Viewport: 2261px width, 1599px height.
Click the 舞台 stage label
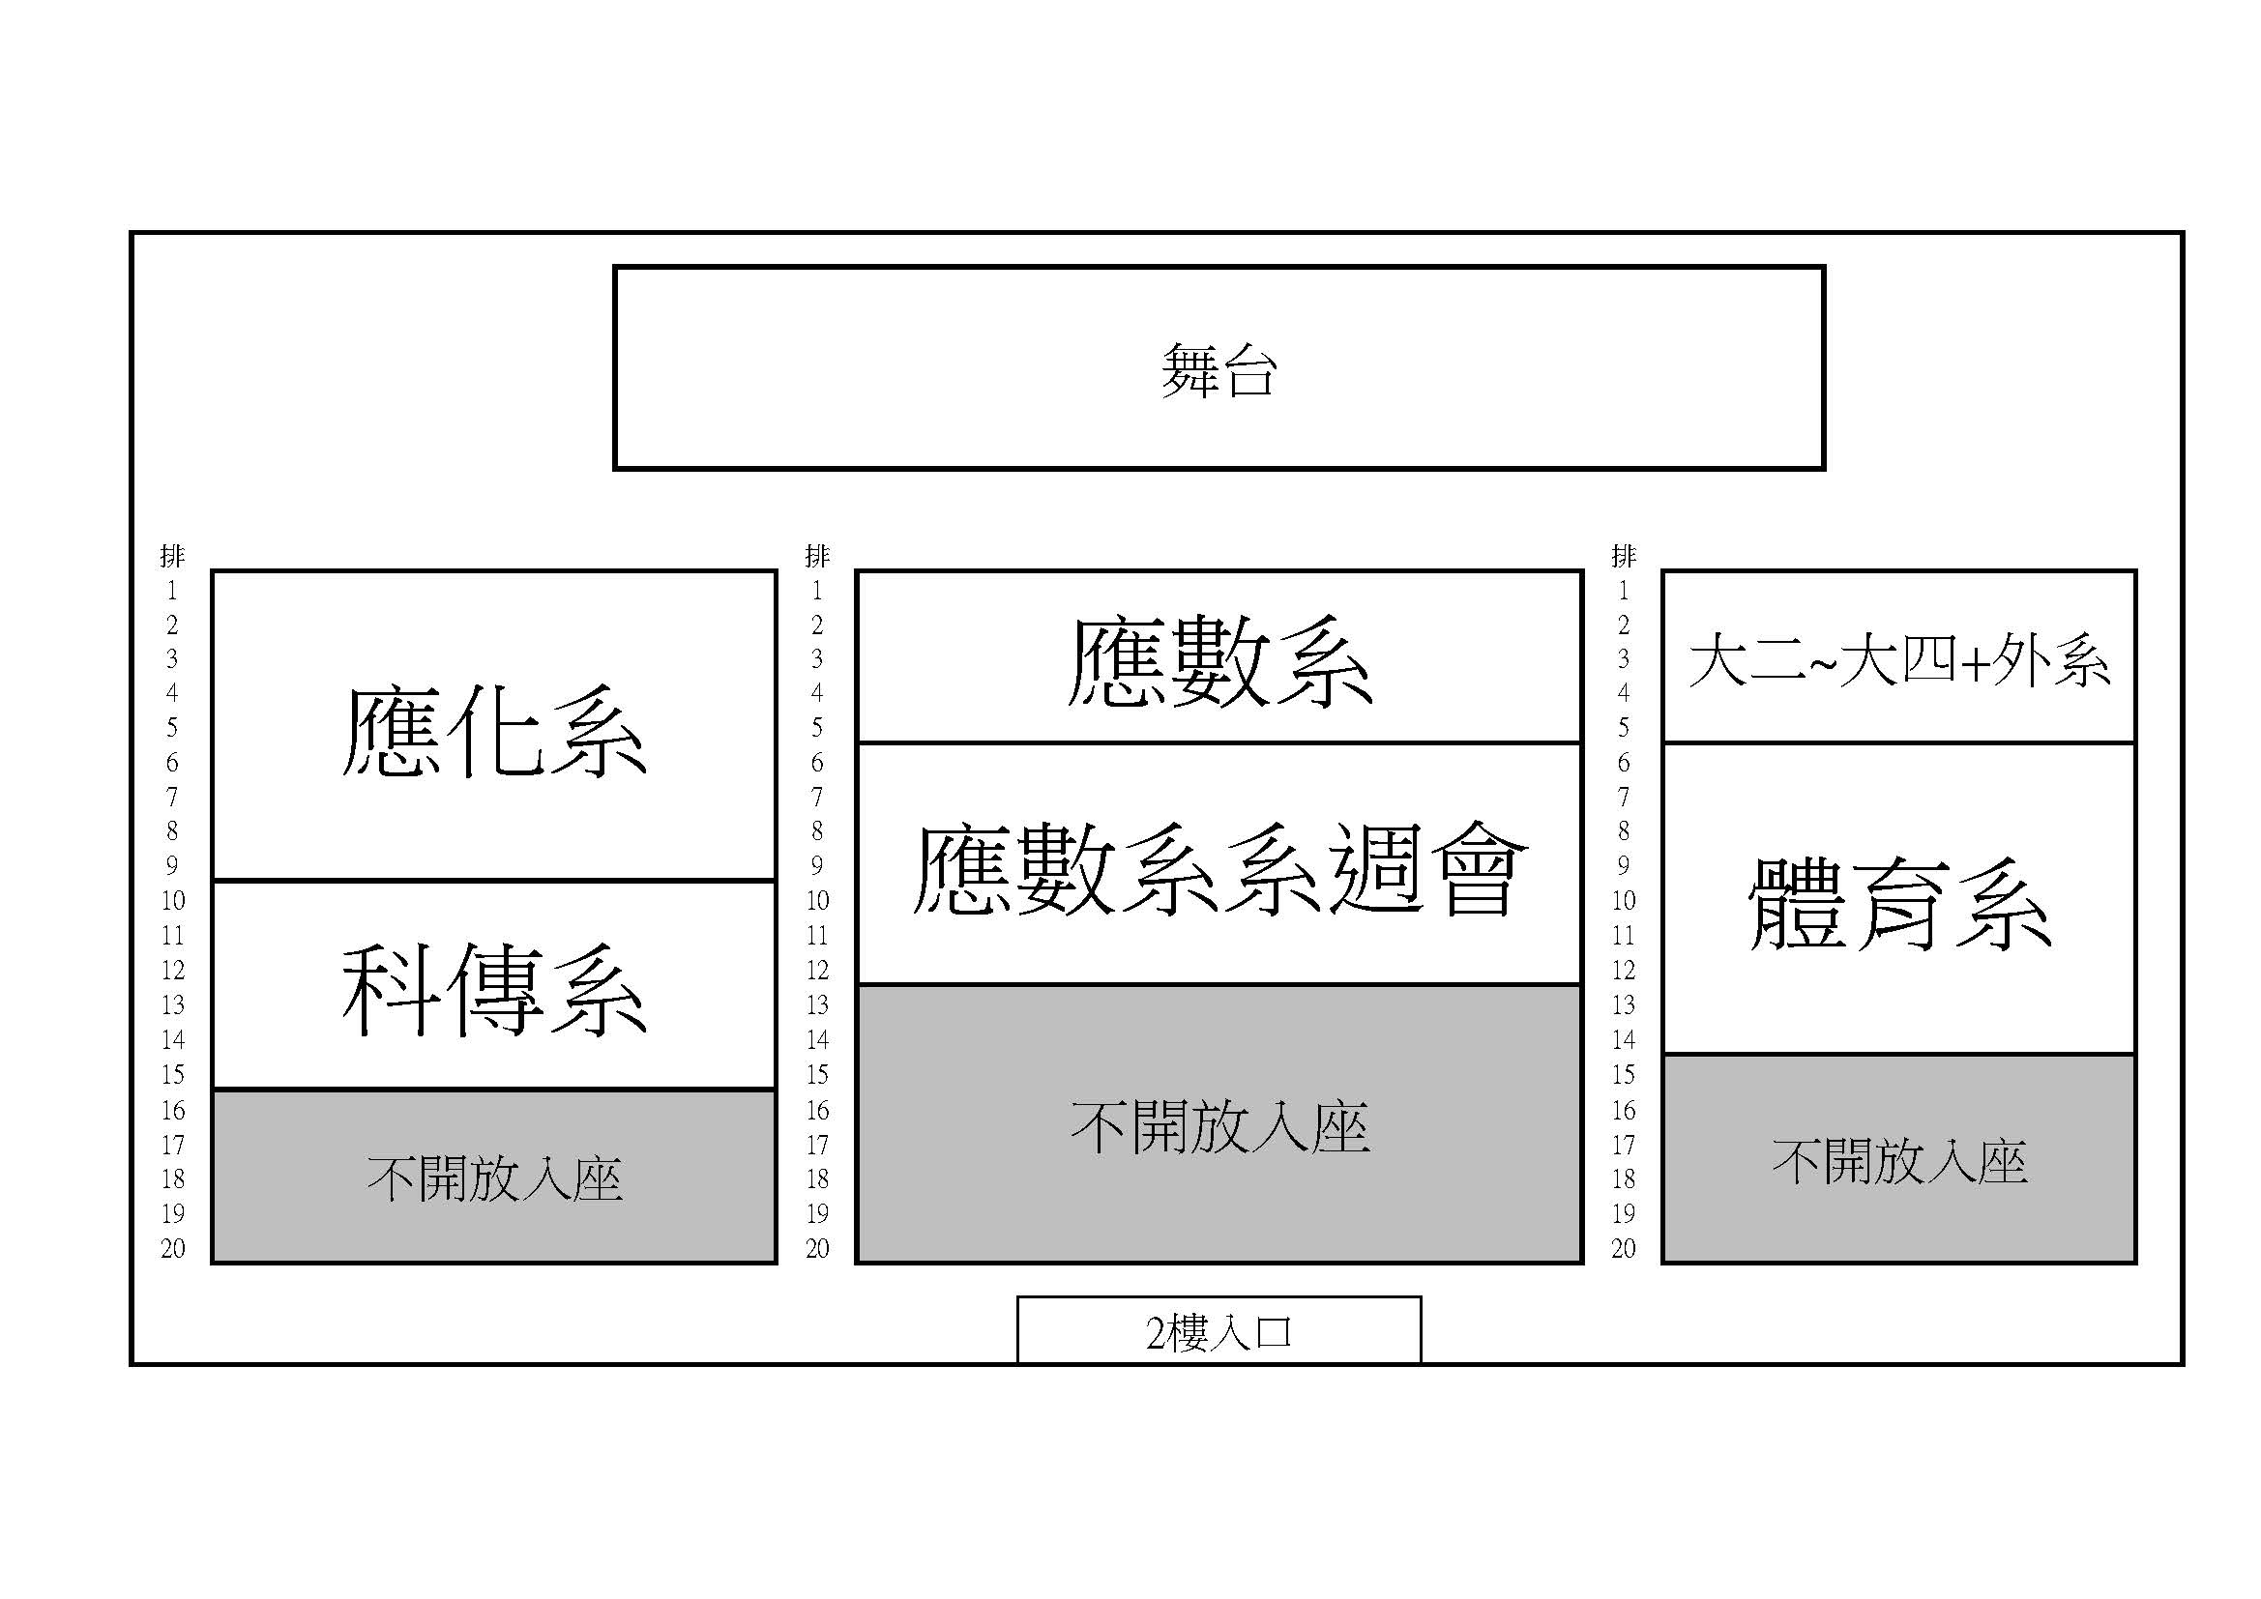1219,370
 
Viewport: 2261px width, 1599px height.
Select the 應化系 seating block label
494,733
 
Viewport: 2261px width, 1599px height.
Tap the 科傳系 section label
494,990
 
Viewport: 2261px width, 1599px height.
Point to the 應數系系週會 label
1219,869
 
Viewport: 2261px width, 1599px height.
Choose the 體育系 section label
1899,903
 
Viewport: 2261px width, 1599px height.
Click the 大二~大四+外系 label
1898,659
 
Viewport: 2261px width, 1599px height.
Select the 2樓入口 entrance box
1219,1330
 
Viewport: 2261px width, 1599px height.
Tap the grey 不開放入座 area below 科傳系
494,1177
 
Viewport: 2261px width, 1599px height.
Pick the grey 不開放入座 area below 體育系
1899,1159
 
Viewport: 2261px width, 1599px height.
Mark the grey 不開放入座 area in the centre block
1219,1123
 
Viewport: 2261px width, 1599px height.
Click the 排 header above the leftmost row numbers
172,556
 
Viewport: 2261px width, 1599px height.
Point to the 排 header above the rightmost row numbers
1624,556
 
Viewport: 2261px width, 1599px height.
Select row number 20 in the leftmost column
173,1248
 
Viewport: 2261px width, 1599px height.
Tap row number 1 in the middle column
817,591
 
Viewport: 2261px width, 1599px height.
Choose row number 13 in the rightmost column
1624,1005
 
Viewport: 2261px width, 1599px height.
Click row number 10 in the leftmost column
173,901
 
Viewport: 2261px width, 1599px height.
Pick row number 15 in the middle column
817,1075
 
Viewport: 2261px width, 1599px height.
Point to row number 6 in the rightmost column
1624,762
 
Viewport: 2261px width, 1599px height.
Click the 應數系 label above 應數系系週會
1219,660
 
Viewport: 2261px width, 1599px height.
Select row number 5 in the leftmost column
172,728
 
